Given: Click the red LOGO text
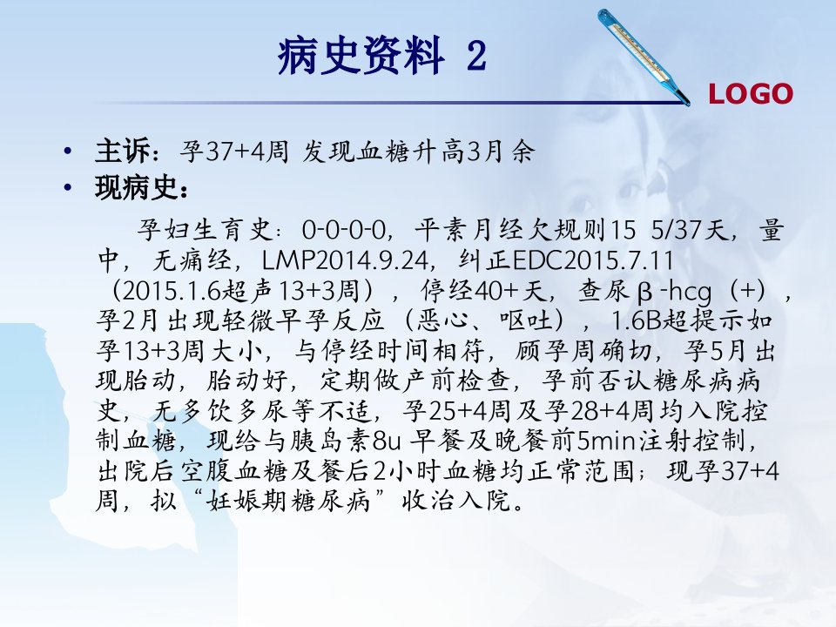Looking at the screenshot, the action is click(750, 94).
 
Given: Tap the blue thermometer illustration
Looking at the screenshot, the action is click(644, 57).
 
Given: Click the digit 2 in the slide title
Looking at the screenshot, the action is click(476, 56).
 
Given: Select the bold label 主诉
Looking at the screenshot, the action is click(123, 151).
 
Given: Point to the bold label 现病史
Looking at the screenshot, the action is click(137, 188).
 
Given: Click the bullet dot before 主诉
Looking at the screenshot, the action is click(67, 152).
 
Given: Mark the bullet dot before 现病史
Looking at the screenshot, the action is click(67, 188).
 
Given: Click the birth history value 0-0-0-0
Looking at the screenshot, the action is click(343, 230).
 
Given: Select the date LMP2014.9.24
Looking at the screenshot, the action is click(345, 260).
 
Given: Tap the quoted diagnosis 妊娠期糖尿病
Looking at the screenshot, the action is click(288, 501).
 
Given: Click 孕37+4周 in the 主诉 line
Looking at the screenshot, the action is click(234, 152).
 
